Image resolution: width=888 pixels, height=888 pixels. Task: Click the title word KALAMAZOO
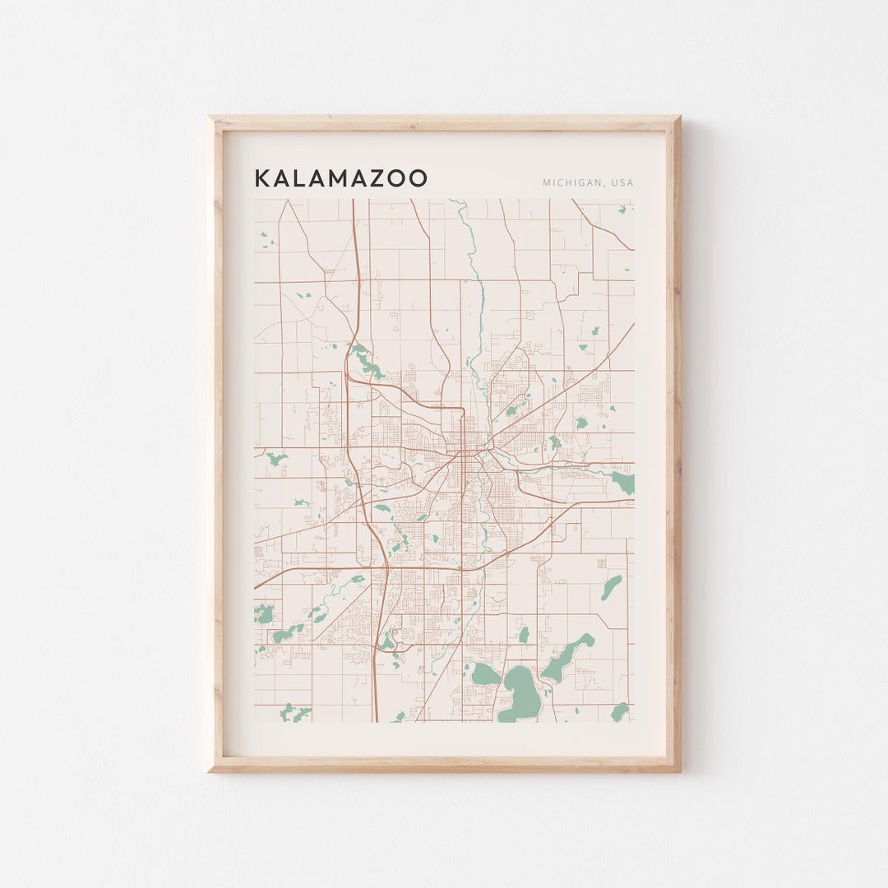[x=340, y=178]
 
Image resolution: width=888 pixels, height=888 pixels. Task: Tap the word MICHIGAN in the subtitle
[x=569, y=183]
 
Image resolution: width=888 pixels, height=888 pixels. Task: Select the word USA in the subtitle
[x=622, y=183]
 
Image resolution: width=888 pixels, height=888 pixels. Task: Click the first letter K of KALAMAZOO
[x=261, y=178]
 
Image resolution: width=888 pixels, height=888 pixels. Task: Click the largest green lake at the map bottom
[x=520, y=695]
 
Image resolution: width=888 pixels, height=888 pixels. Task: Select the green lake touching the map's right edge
[x=624, y=481]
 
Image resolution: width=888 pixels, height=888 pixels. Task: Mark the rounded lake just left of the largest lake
[x=484, y=674]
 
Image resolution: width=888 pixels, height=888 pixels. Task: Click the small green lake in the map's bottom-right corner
[x=620, y=711]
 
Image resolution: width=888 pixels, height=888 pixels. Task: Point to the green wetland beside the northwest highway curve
[x=365, y=362]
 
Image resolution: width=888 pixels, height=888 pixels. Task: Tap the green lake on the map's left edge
[x=263, y=613]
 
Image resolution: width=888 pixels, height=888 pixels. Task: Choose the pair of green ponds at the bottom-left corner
[x=294, y=712]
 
